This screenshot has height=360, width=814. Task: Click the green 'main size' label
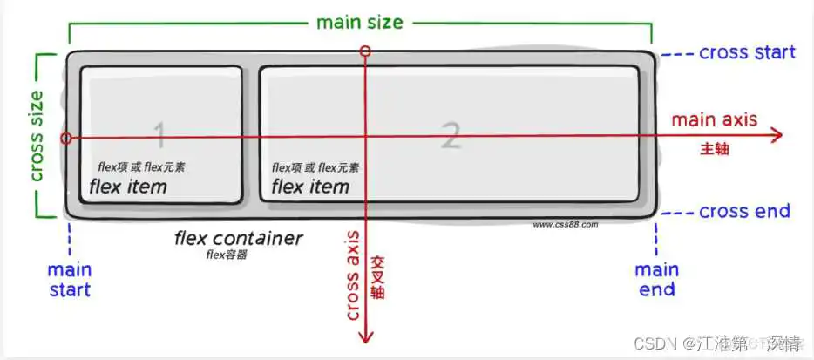[x=359, y=23]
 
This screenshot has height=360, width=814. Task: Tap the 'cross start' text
[x=747, y=52]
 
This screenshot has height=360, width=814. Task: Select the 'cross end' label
[x=744, y=212]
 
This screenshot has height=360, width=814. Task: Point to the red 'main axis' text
[x=715, y=119]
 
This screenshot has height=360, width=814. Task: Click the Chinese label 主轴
[x=715, y=149]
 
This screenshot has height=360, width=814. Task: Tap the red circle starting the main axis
[x=66, y=139]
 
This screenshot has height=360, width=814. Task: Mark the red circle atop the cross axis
[x=365, y=51]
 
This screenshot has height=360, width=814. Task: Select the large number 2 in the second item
[x=451, y=135]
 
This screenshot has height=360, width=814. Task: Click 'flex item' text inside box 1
[x=128, y=187]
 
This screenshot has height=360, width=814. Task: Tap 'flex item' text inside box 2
[x=310, y=187]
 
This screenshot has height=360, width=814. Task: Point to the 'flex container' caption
[x=238, y=239]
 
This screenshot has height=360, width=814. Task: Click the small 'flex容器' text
[x=227, y=255]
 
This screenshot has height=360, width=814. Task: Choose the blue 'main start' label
[x=70, y=280]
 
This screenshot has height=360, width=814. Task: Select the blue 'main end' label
[x=657, y=280]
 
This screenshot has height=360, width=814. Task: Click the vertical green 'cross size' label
[x=37, y=137]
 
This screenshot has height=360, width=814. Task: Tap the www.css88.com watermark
[x=566, y=225]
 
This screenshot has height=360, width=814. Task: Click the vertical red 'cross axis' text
[x=352, y=275]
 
